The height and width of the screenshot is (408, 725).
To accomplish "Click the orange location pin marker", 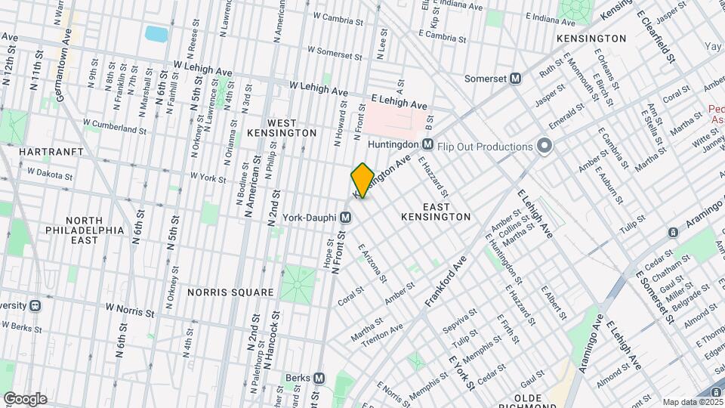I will (362, 180).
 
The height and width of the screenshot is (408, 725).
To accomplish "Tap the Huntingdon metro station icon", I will (427, 144).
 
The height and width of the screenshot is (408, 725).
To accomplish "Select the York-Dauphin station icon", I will (345, 217).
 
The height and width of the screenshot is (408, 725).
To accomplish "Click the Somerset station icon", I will (517, 78).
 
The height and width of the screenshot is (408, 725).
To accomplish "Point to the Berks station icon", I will (319, 378).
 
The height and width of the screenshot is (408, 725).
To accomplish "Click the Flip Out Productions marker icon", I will (542, 146).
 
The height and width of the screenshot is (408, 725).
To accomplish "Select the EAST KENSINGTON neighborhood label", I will (436, 212).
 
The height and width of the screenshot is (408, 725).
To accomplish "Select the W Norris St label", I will (130, 308).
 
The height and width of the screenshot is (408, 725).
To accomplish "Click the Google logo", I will (25, 398).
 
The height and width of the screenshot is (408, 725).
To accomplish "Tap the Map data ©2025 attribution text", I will (691, 402).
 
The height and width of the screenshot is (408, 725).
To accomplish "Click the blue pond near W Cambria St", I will (156, 34).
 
